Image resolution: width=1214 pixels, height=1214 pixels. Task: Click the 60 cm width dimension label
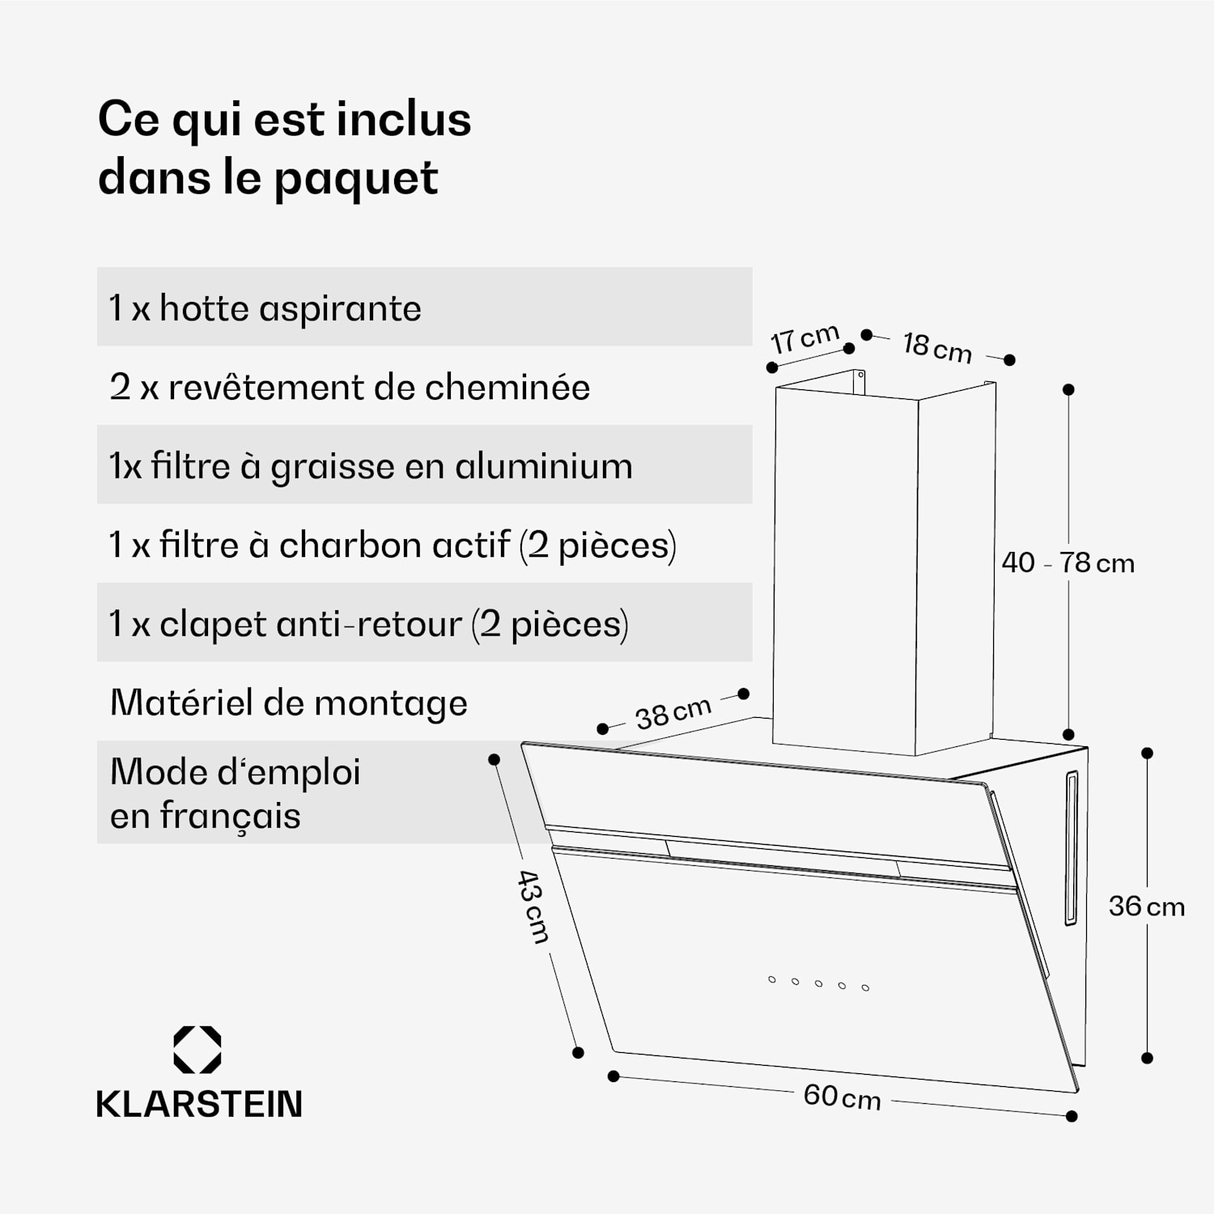click(842, 1097)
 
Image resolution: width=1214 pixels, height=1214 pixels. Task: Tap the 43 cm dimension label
click(533, 906)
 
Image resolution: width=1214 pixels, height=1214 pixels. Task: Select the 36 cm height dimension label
click(1146, 906)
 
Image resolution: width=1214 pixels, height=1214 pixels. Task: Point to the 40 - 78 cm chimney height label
click(1068, 562)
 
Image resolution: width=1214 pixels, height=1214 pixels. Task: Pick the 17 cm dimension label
click(804, 338)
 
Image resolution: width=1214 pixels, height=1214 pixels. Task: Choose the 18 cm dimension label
click(937, 347)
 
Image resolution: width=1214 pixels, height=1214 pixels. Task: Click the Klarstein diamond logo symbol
click(197, 1050)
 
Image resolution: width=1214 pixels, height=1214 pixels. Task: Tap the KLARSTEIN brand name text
click(199, 1104)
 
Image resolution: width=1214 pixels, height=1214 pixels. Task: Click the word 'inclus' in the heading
click(404, 119)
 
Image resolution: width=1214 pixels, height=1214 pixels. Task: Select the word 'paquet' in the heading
click(356, 179)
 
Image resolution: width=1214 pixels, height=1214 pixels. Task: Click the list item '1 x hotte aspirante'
click(265, 308)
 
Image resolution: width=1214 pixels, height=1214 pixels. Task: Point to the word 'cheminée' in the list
click(507, 387)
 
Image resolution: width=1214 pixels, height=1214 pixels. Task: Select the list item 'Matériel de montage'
click(289, 703)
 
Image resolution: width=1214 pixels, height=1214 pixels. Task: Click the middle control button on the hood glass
click(819, 983)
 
